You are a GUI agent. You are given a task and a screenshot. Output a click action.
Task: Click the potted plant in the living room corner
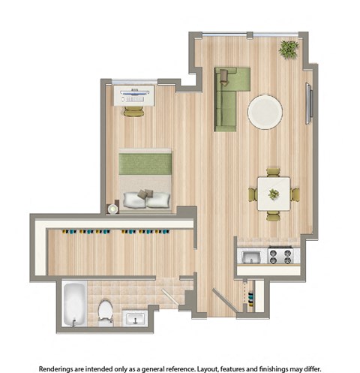click(x=288, y=49)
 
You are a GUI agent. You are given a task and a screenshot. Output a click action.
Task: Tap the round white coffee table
click(x=265, y=112)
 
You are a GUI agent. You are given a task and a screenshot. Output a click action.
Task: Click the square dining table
click(x=274, y=194)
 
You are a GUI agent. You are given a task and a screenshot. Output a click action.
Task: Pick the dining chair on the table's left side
click(x=253, y=194)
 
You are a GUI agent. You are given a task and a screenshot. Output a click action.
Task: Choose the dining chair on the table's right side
click(x=295, y=194)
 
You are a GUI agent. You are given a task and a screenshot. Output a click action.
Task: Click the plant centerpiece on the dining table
click(x=274, y=194)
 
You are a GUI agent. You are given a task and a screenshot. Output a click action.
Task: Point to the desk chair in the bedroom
click(x=134, y=111)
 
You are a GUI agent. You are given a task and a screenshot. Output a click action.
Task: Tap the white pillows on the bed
click(x=147, y=199)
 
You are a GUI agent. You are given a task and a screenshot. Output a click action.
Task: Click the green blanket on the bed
click(x=145, y=162)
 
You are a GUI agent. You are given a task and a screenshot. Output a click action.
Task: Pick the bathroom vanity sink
click(x=136, y=317)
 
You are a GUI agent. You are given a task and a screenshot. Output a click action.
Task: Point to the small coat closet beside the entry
click(x=252, y=295)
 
